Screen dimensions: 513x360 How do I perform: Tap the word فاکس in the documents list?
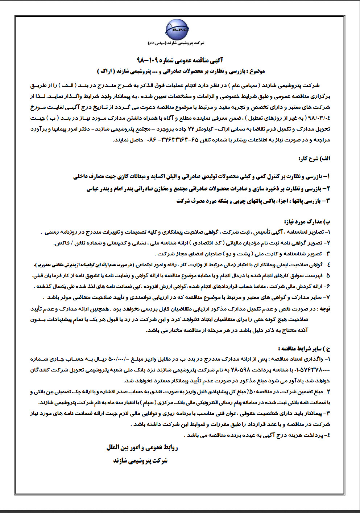tap(61, 243)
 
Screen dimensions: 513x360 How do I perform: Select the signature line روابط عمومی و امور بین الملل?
tap(142, 447)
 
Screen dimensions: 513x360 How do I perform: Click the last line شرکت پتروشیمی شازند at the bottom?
tap(140, 461)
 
